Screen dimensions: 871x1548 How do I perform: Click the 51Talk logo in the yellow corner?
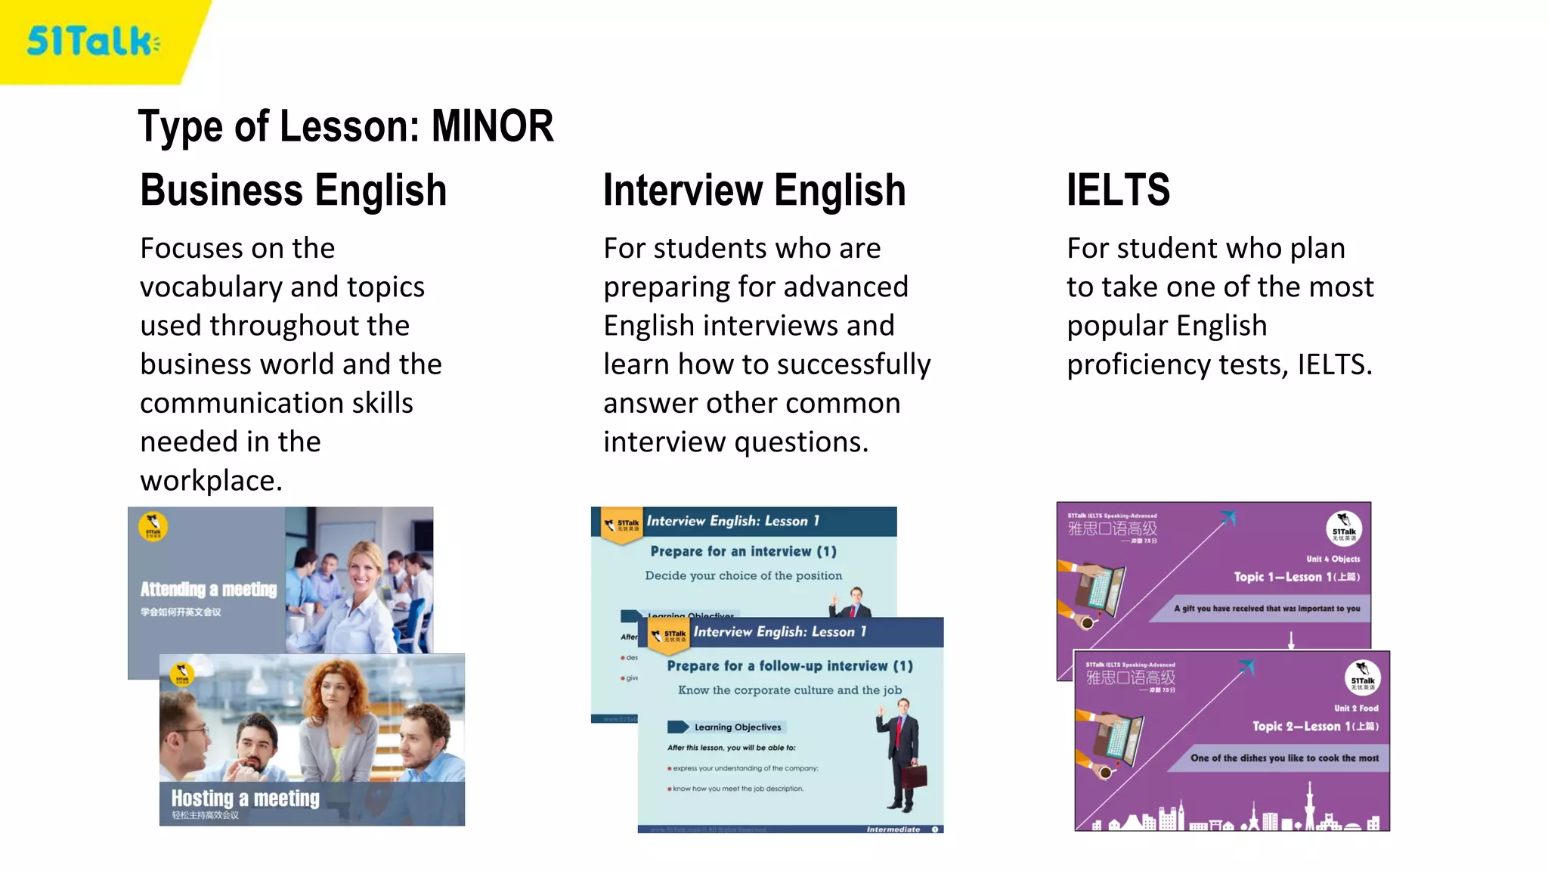[x=92, y=41]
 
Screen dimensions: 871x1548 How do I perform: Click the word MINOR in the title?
[x=492, y=126]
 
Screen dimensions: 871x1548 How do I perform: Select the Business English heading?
[x=293, y=191]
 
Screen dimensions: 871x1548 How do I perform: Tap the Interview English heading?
[x=754, y=191]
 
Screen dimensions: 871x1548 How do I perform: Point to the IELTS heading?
[x=1118, y=191]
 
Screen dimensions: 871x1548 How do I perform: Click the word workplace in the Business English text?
[x=211, y=481]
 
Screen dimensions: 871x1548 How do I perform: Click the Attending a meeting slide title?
[x=209, y=590]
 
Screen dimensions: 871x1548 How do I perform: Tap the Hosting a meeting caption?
[x=245, y=798]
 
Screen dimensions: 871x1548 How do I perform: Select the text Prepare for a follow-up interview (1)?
[x=790, y=666]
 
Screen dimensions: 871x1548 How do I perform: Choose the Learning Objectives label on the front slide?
[x=737, y=727]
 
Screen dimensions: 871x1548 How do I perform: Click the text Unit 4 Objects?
[x=1333, y=559]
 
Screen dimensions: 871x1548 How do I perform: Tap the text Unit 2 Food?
[x=1356, y=708]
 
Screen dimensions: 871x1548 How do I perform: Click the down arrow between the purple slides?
[x=1291, y=640]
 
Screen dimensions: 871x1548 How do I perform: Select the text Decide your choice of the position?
[x=743, y=576]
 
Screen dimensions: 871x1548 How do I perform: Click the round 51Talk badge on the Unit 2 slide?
[x=1362, y=677]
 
